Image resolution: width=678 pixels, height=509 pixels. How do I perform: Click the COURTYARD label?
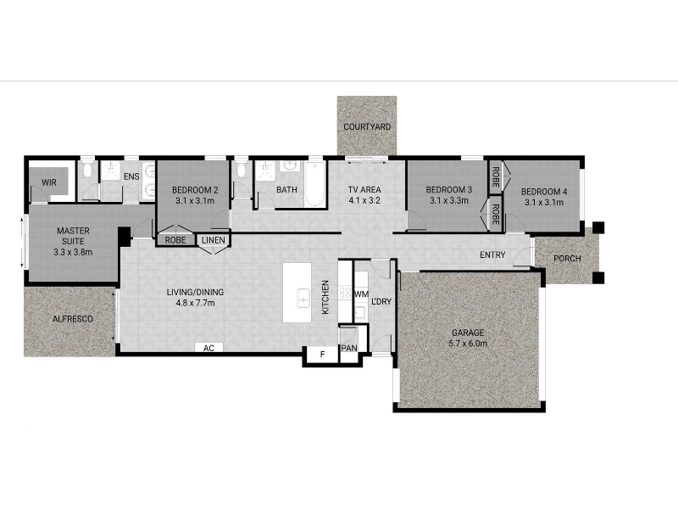tap(367, 126)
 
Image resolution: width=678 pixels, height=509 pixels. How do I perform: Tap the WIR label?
tap(49, 182)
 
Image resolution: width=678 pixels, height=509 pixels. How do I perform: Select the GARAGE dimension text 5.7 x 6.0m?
tap(468, 344)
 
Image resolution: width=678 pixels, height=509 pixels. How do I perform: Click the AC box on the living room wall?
tap(208, 348)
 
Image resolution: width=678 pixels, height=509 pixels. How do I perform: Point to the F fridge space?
tap(322, 355)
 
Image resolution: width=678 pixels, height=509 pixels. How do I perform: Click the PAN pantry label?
tap(349, 348)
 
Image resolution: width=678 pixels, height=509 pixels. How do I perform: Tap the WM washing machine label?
tap(362, 294)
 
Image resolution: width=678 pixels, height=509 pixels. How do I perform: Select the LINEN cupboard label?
tap(214, 240)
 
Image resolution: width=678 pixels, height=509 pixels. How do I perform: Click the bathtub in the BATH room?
tap(314, 184)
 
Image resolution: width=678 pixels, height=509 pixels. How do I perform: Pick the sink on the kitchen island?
tap(303, 299)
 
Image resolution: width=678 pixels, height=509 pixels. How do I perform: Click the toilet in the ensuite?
tap(88, 170)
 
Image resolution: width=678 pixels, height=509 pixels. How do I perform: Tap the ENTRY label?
tap(492, 255)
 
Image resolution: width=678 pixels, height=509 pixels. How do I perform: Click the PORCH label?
tap(567, 259)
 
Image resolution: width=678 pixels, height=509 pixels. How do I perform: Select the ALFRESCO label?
tap(73, 319)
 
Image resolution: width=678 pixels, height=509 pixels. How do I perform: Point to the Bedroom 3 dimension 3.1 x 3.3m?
tap(449, 200)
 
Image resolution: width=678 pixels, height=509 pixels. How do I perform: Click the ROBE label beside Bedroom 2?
tap(175, 240)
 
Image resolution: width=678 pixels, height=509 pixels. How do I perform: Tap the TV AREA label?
tap(364, 189)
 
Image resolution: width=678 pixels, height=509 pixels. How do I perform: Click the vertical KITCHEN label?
tap(325, 297)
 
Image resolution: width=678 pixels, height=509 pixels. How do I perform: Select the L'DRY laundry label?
tap(381, 301)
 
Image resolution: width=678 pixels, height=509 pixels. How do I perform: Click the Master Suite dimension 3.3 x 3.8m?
tap(73, 252)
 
